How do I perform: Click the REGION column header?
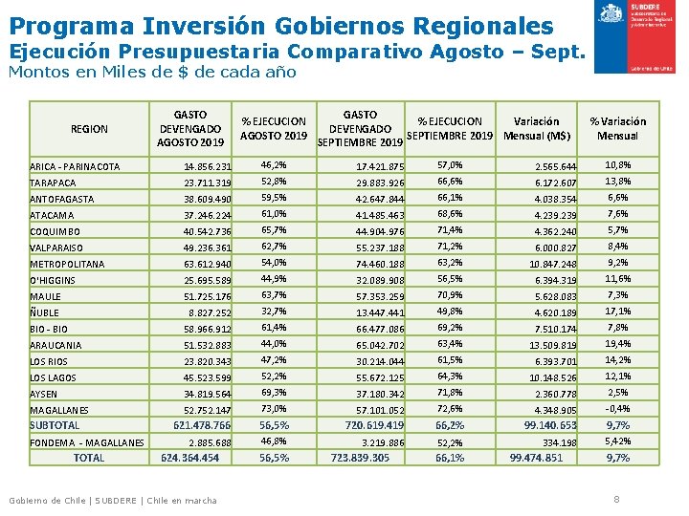[90, 129]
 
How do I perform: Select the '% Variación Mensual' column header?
[617, 128]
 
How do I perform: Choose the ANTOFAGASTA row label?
[62, 199]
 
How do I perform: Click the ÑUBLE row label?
[46, 312]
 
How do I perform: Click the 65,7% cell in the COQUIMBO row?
[274, 230]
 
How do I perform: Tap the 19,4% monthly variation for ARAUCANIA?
[617, 344]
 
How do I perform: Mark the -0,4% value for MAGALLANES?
[617, 409]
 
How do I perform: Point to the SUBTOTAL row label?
[55, 425]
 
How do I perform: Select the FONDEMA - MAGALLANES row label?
[87, 442]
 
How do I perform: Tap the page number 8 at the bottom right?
[616, 499]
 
